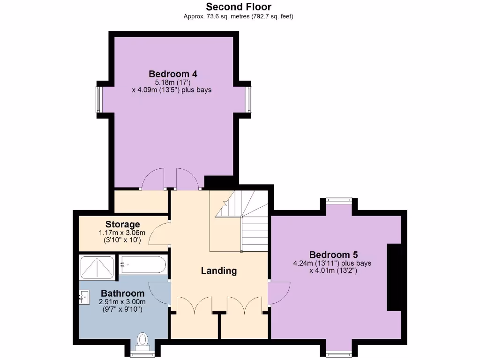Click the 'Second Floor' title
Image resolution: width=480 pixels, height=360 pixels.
pyautogui.click(x=239, y=7)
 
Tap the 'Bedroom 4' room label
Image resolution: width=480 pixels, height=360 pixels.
pyautogui.click(x=172, y=74)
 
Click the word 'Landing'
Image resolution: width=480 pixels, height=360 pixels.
pyautogui.click(x=218, y=270)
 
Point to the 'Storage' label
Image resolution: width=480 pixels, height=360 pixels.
pyautogui.click(x=122, y=224)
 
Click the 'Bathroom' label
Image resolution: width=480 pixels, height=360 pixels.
pyautogui.click(x=122, y=293)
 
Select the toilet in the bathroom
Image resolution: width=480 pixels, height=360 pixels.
pyautogui.click(x=142, y=341)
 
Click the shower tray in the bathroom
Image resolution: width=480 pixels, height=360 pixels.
pyautogui.click(x=97, y=267)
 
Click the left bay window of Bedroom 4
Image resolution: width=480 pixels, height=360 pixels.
pyautogui.click(x=99, y=99)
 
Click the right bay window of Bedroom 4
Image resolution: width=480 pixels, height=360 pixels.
pyautogui.click(x=250, y=99)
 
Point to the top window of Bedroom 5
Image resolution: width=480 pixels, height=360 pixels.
pyautogui.click(x=339, y=200)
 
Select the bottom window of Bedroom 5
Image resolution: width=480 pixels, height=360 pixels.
pyautogui.click(x=339, y=353)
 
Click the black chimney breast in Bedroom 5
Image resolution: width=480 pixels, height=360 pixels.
pyautogui.click(x=395, y=277)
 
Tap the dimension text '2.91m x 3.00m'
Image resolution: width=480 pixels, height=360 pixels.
pyautogui.click(x=122, y=302)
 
